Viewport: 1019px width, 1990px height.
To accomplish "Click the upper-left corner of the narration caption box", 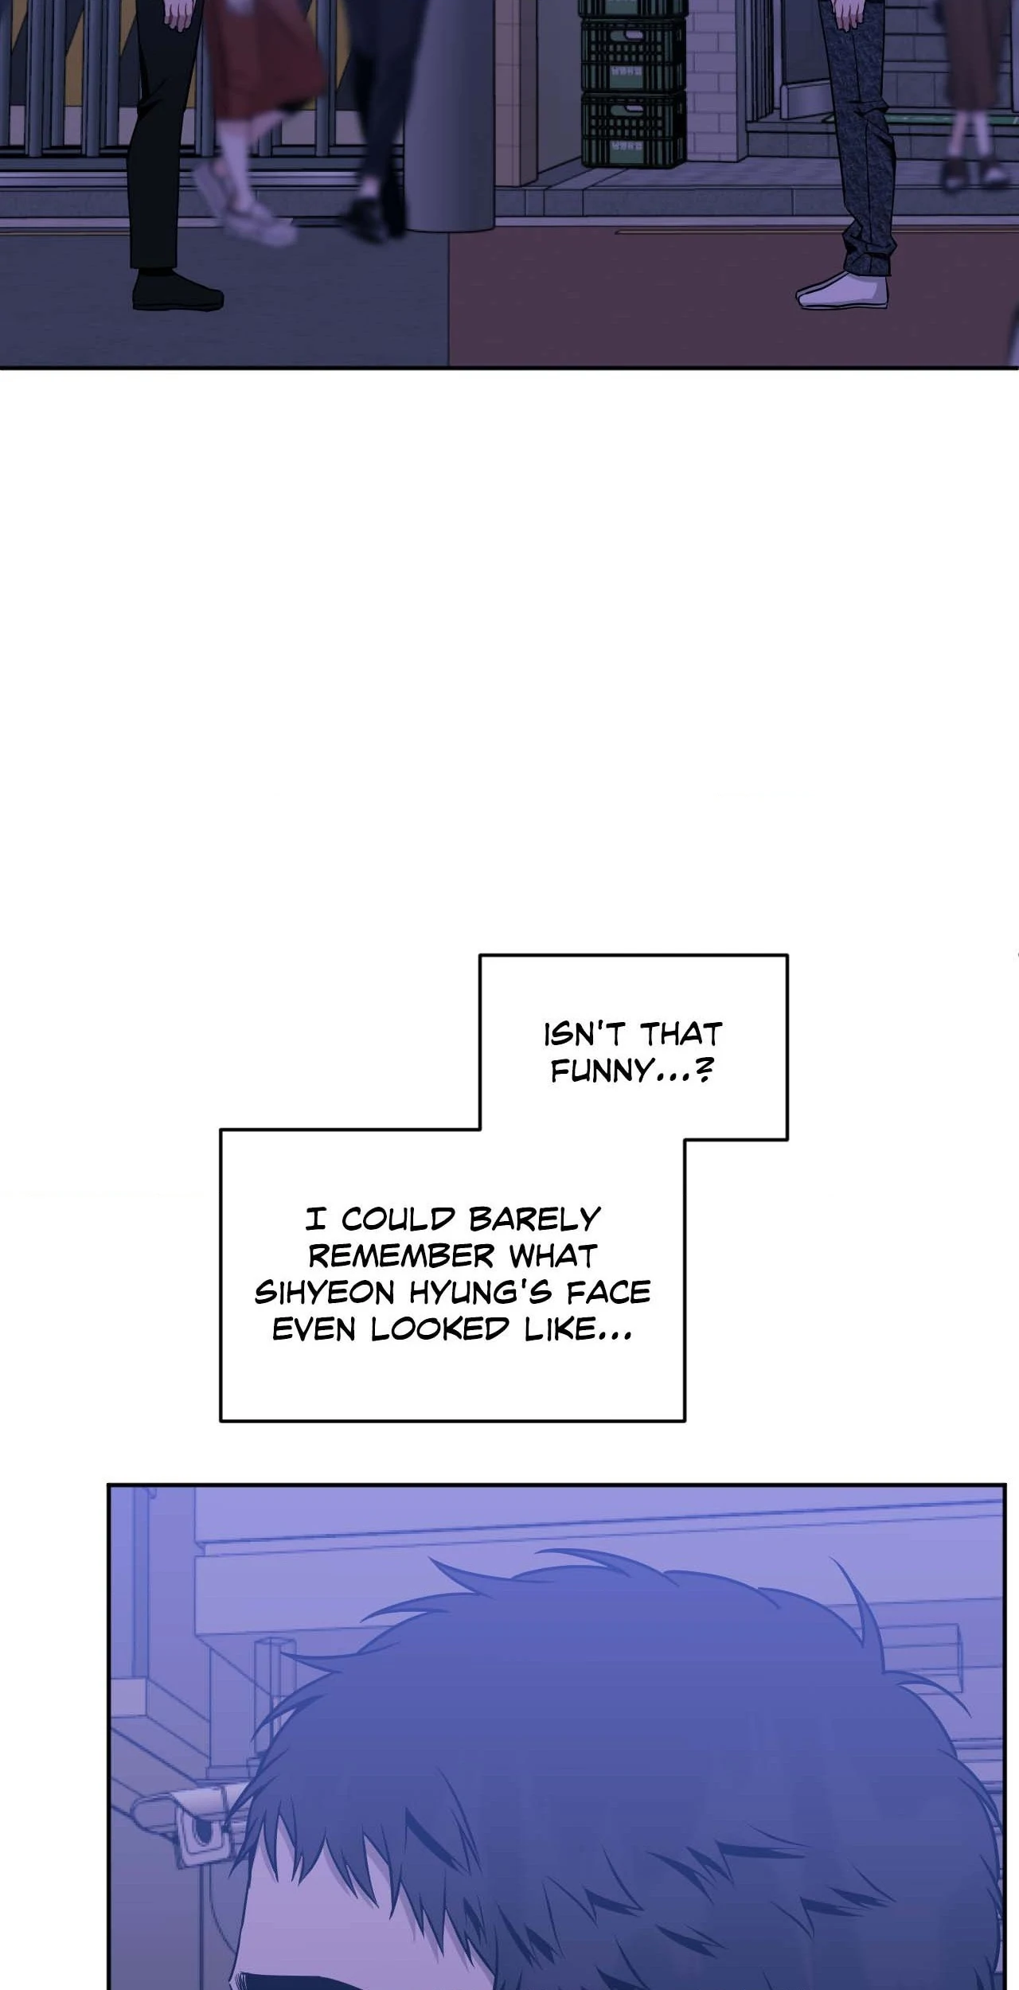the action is [x=480, y=955].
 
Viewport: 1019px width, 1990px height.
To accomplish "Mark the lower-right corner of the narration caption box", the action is [x=685, y=1421].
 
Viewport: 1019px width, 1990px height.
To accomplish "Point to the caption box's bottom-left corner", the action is [x=221, y=1421].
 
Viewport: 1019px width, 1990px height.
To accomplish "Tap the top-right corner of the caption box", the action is [x=787, y=955].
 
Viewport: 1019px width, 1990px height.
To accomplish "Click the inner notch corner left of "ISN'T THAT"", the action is [x=480, y=1129].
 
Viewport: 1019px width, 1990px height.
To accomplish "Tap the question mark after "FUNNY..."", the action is [x=703, y=1071].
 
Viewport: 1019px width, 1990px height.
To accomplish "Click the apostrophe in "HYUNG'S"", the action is [x=521, y=1284].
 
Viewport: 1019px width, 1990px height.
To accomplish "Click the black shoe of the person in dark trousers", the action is [x=178, y=291].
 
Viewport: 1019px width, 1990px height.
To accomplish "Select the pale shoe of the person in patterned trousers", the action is [x=842, y=292].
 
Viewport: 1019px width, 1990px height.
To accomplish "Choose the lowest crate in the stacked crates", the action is [x=633, y=129].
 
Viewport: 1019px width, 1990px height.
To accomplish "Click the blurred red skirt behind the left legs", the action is [x=267, y=64].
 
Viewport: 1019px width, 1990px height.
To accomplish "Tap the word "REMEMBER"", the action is [x=401, y=1256].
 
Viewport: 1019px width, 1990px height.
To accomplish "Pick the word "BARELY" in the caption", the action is [x=535, y=1219].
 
